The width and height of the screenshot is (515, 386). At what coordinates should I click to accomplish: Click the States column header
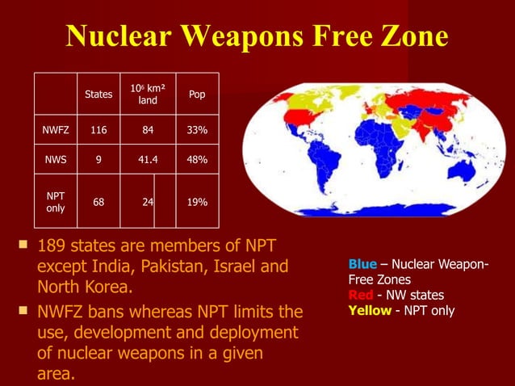(98, 94)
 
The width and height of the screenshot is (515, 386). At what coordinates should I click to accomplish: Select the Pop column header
(197, 94)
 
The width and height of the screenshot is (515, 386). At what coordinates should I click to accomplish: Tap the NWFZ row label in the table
(56, 129)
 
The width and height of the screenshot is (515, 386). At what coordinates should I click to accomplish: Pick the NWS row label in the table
(56, 160)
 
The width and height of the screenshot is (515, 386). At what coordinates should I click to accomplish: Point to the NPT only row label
(56, 202)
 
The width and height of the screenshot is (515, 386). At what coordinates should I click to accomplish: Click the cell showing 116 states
(98, 129)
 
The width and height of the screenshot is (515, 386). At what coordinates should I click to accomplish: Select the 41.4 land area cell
(147, 160)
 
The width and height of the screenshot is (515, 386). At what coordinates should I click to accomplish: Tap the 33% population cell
(197, 129)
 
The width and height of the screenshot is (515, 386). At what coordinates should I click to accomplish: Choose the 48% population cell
(197, 160)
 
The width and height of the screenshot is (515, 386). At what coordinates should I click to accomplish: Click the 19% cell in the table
(197, 202)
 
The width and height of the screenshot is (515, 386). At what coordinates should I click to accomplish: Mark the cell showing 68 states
(98, 202)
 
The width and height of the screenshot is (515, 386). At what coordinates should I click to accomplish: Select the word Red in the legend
(360, 296)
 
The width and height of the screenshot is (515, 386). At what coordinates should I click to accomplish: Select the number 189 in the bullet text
(52, 245)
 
